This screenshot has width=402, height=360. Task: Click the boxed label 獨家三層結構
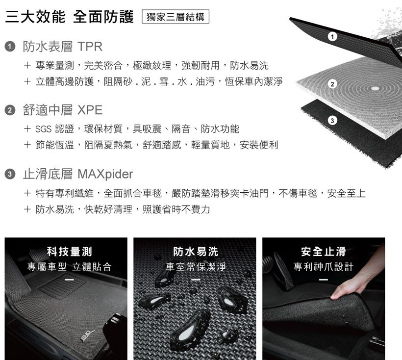[x=176, y=17]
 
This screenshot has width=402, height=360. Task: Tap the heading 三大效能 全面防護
[x=69, y=17]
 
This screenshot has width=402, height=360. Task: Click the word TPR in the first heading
[x=90, y=47]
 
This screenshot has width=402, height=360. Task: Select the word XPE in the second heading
[x=90, y=110]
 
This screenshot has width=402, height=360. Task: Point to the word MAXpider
[x=105, y=174]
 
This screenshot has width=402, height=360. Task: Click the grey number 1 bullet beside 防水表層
[x=10, y=47]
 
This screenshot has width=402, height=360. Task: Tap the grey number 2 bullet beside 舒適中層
[x=10, y=110]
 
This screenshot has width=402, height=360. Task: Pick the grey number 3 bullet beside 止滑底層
[x=10, y=174]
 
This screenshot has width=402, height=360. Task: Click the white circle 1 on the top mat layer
[x=332, y=37]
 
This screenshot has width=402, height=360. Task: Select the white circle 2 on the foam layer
[x=332, y=84]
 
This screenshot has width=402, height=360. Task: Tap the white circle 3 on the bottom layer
[x=332, y=121]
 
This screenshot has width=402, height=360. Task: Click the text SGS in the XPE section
[x=43, y=129]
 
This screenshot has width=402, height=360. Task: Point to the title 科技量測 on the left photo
[x=69, y=252]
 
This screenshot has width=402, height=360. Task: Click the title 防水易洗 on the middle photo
[x=196, y=252]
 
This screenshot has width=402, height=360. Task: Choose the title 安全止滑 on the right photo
[x=323, y=252]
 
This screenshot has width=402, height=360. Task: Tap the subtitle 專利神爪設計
[x=323, y=267]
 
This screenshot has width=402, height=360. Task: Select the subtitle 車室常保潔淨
[x=196, y=267]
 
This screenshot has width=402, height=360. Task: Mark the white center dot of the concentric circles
[x=376, y=88]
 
